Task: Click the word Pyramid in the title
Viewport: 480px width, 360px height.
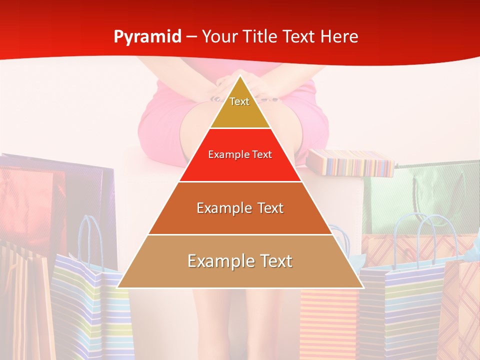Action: click(x=147, y=36)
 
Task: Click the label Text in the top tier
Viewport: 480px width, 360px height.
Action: click(x=239, y=101)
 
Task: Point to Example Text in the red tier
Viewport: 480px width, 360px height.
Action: click(x=240, y=154)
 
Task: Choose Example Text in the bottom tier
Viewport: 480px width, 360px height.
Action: click(x=240, y=261)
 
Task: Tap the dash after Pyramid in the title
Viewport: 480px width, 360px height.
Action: click(x=191, y=37)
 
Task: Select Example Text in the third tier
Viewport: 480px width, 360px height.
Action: click(x=240, y=208)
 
